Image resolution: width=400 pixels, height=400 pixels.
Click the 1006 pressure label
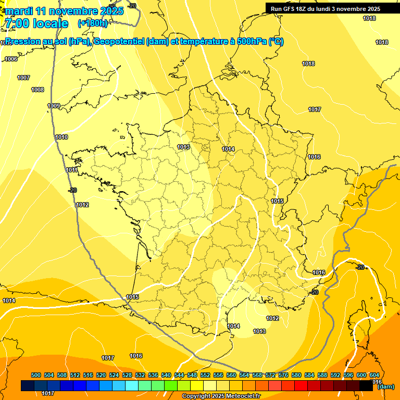[11, 59]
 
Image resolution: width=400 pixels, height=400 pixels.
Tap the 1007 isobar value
[23, 78]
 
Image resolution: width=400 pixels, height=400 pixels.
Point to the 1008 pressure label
[37, 90]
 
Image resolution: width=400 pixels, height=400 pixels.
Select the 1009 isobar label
[54, 106]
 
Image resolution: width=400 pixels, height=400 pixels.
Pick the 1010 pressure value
[61, 137]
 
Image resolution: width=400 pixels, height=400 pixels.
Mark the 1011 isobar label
[72, 170]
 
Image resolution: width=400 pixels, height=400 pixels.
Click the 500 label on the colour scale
[36, 375]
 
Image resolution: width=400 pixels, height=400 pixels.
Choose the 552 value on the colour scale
[205, 375]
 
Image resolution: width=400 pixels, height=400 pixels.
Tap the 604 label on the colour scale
[374, 375]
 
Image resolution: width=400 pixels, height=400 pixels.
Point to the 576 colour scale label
[283, 375]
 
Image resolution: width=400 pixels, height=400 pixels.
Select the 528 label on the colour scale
[127, 375]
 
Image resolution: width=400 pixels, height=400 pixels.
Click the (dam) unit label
[385, 386]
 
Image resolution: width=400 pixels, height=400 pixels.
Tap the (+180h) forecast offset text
[93, 23]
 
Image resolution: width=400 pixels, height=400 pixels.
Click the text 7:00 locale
[36, 23]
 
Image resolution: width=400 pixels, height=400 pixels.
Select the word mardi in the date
[19, 11]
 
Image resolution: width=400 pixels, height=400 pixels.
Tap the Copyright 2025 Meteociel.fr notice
[220, 396]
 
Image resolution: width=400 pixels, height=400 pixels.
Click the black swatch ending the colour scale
[366, 385]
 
